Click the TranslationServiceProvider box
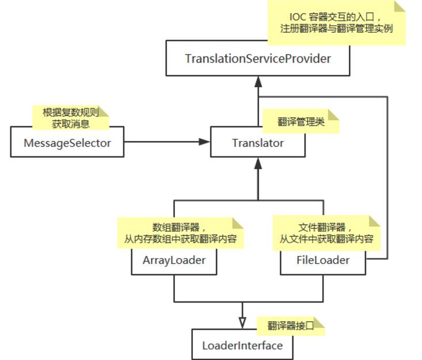[x=257, y=59]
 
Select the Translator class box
[x=257, y=143]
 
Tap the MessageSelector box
[x=67, y=143]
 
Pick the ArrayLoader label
[x=174, y=260]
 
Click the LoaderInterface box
[x=242, y=346]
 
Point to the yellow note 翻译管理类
[x=300, y=122]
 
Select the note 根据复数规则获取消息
[x=70, y=117]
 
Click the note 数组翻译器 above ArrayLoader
[x=180, y=233]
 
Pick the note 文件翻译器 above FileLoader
[x=326, y=233]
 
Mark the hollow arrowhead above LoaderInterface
[x=242, y=323]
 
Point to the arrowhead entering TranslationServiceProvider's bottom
[x=258, y=82]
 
